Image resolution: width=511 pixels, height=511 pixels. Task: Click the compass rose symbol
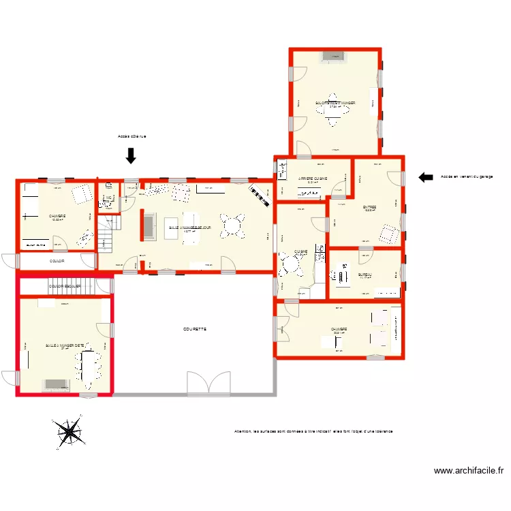coord(69,432)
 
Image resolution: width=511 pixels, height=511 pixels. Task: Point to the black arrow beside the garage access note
coord(426,177)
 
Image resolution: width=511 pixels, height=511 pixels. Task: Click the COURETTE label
coord(195,329)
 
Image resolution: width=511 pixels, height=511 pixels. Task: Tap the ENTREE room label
coord(370,207)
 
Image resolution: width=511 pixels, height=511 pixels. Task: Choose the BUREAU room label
coord(365,275)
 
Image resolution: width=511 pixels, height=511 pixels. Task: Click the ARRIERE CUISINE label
coord(313,179)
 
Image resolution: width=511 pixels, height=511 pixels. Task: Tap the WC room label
coord(108,198)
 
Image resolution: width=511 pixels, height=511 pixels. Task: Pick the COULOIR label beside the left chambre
coord(58,261)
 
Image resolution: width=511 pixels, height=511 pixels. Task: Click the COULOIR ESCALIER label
coord(65,287)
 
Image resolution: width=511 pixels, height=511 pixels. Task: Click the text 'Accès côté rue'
coord(131,136)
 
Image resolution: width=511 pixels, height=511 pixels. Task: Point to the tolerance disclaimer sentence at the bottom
coord(313,431)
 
